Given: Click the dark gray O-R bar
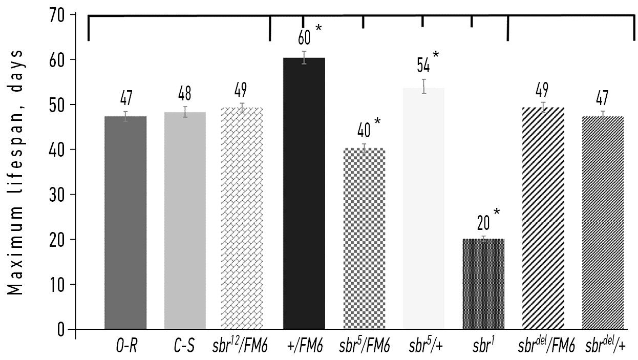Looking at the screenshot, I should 125,222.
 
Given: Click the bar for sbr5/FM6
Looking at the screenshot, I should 364,238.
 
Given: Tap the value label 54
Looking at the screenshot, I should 423,66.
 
